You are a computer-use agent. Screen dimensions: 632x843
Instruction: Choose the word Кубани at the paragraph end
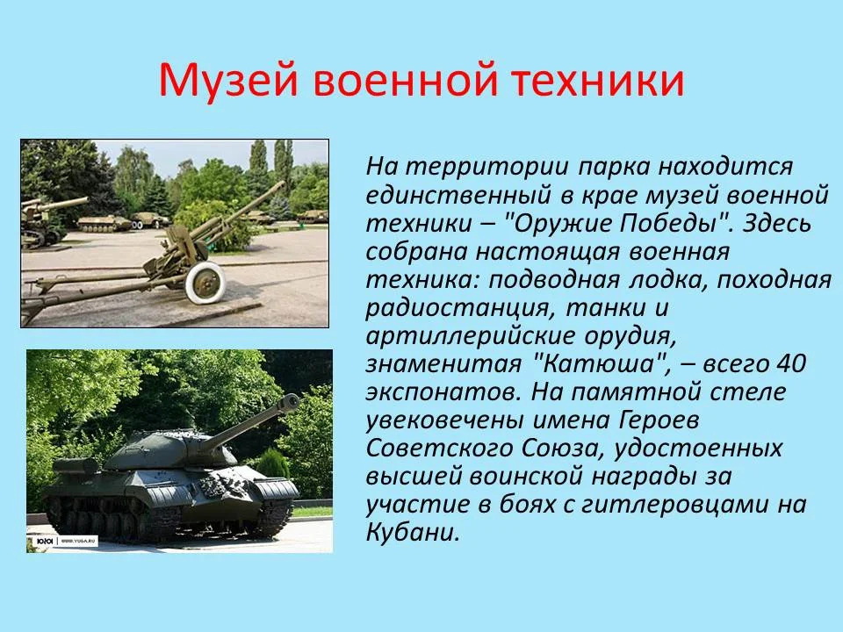point(413,532)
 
